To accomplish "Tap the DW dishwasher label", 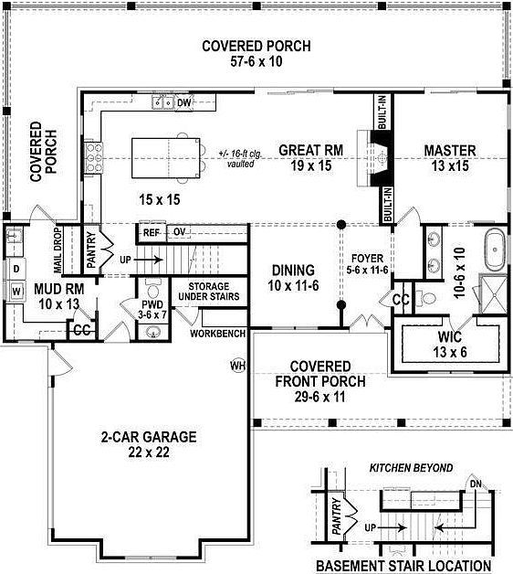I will tap(183, 102).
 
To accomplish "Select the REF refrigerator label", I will tap(152, 232).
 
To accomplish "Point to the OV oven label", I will tap(180, 232).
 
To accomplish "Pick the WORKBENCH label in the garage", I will tap(217, 334).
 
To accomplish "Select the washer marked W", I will tap(16, 292).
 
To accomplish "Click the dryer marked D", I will tap(16, 270).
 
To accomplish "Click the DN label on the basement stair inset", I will tap(474, 484).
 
